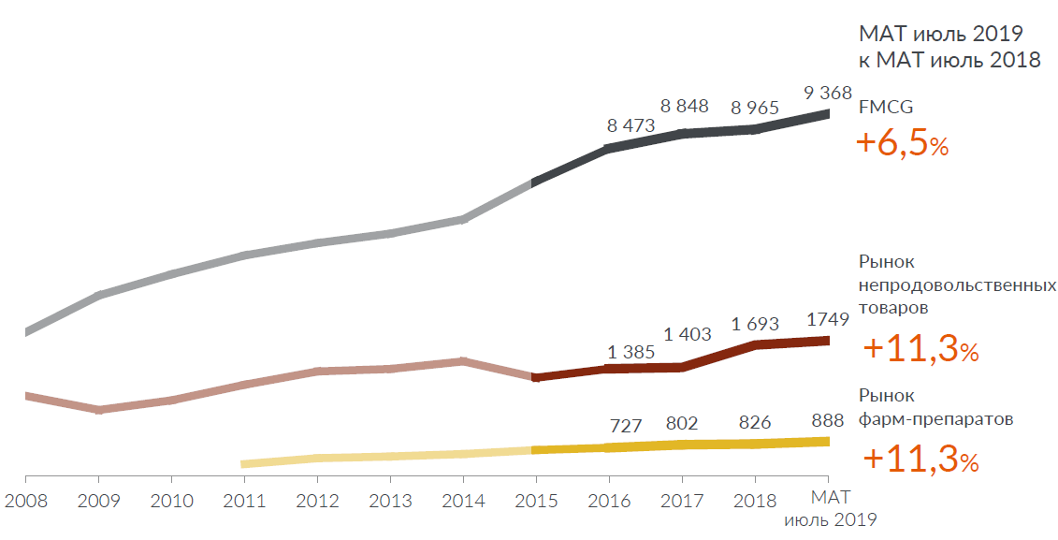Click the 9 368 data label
[828, 93]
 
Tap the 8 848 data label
[685, 106]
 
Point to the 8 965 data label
[755, 108]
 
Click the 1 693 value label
[756, 324]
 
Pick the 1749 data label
[828, 318]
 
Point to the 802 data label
[685, 422]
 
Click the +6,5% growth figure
[903, 144]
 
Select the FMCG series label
[886, 108]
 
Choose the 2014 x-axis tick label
[463, 501]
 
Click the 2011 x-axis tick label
[244, 501]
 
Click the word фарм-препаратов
[935, 419]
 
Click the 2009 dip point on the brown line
[99, 410]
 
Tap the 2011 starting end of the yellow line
[244, 463]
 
